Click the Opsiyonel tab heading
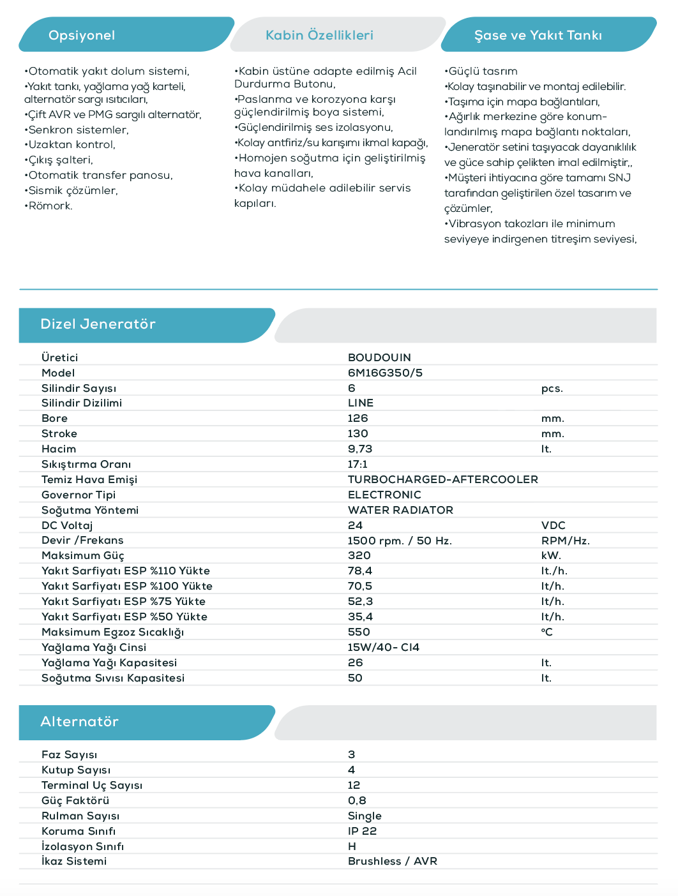pyautogui.click(x=82, y=35)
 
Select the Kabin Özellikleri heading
pyautogui.click(x=319, y=35)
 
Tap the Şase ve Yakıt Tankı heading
pyautogui.click(x=538, y=35)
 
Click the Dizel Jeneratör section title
pyautogui.click(x=98, y=324)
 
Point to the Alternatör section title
pyautogui.click(x=79, y=722)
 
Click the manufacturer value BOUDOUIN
pyautogui.click(x=379, y=357)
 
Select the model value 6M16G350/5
pyautogui.click(x=385, y=373)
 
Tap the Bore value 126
pyautogui.click(x=358, y=419)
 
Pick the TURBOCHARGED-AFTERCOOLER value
pyautogui.click(x=442, y=479)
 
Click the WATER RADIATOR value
pyautogui.click(x=400, y=510)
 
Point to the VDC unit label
pyautogui.click(x=553, y=525)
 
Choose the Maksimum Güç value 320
pyautogui.click(x=359, y=556)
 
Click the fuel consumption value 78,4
pyautogui.click(x=359, y=571)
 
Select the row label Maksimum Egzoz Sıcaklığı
pyautogui.click(x=112, y=632)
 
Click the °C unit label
pyautogui.click(x=546, y=632)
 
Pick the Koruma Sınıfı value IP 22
pyautogui.click(x=362, y=831)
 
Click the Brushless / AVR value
pyautogui.click(x=393, y=862)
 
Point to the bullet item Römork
pyautogui.click(x=50, y=206)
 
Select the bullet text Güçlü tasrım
pyautogui.click(x=482, y=71)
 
